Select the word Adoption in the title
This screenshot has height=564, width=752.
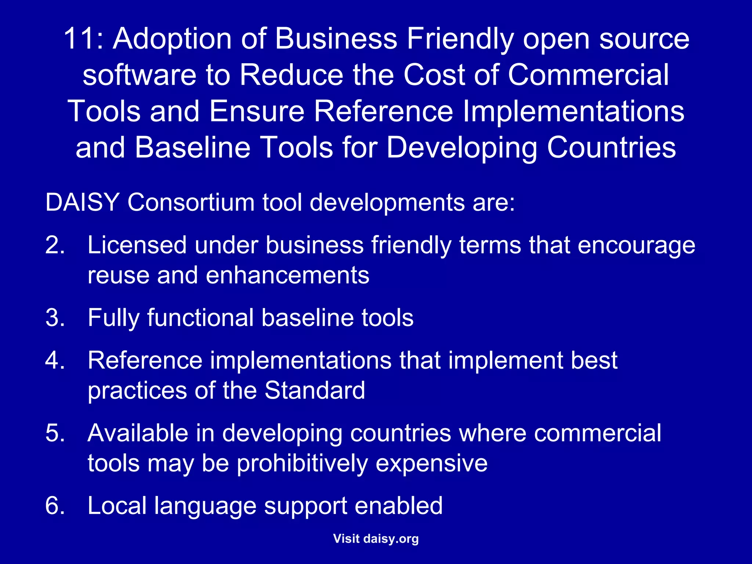click(x=172, y=39)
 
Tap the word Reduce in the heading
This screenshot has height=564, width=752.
click(x=291, y=75)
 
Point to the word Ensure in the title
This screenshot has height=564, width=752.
click(x=257, y=111)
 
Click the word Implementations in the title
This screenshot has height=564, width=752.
click(x=573, y=111)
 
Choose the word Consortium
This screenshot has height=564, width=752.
click(x=191, y=202)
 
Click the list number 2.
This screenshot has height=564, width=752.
click(x=55, y=245)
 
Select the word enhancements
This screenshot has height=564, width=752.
click(x=287, y=275)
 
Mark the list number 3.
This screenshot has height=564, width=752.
click(x=55, y=318)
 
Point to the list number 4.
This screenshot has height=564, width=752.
click(x=55, y=360)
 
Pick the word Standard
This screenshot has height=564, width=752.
click(x=315, y=390)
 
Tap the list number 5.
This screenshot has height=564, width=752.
click(x=55, y=433)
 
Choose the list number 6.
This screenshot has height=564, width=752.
click(x=55, y=506)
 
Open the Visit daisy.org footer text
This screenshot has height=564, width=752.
click(x=376, y=539)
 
